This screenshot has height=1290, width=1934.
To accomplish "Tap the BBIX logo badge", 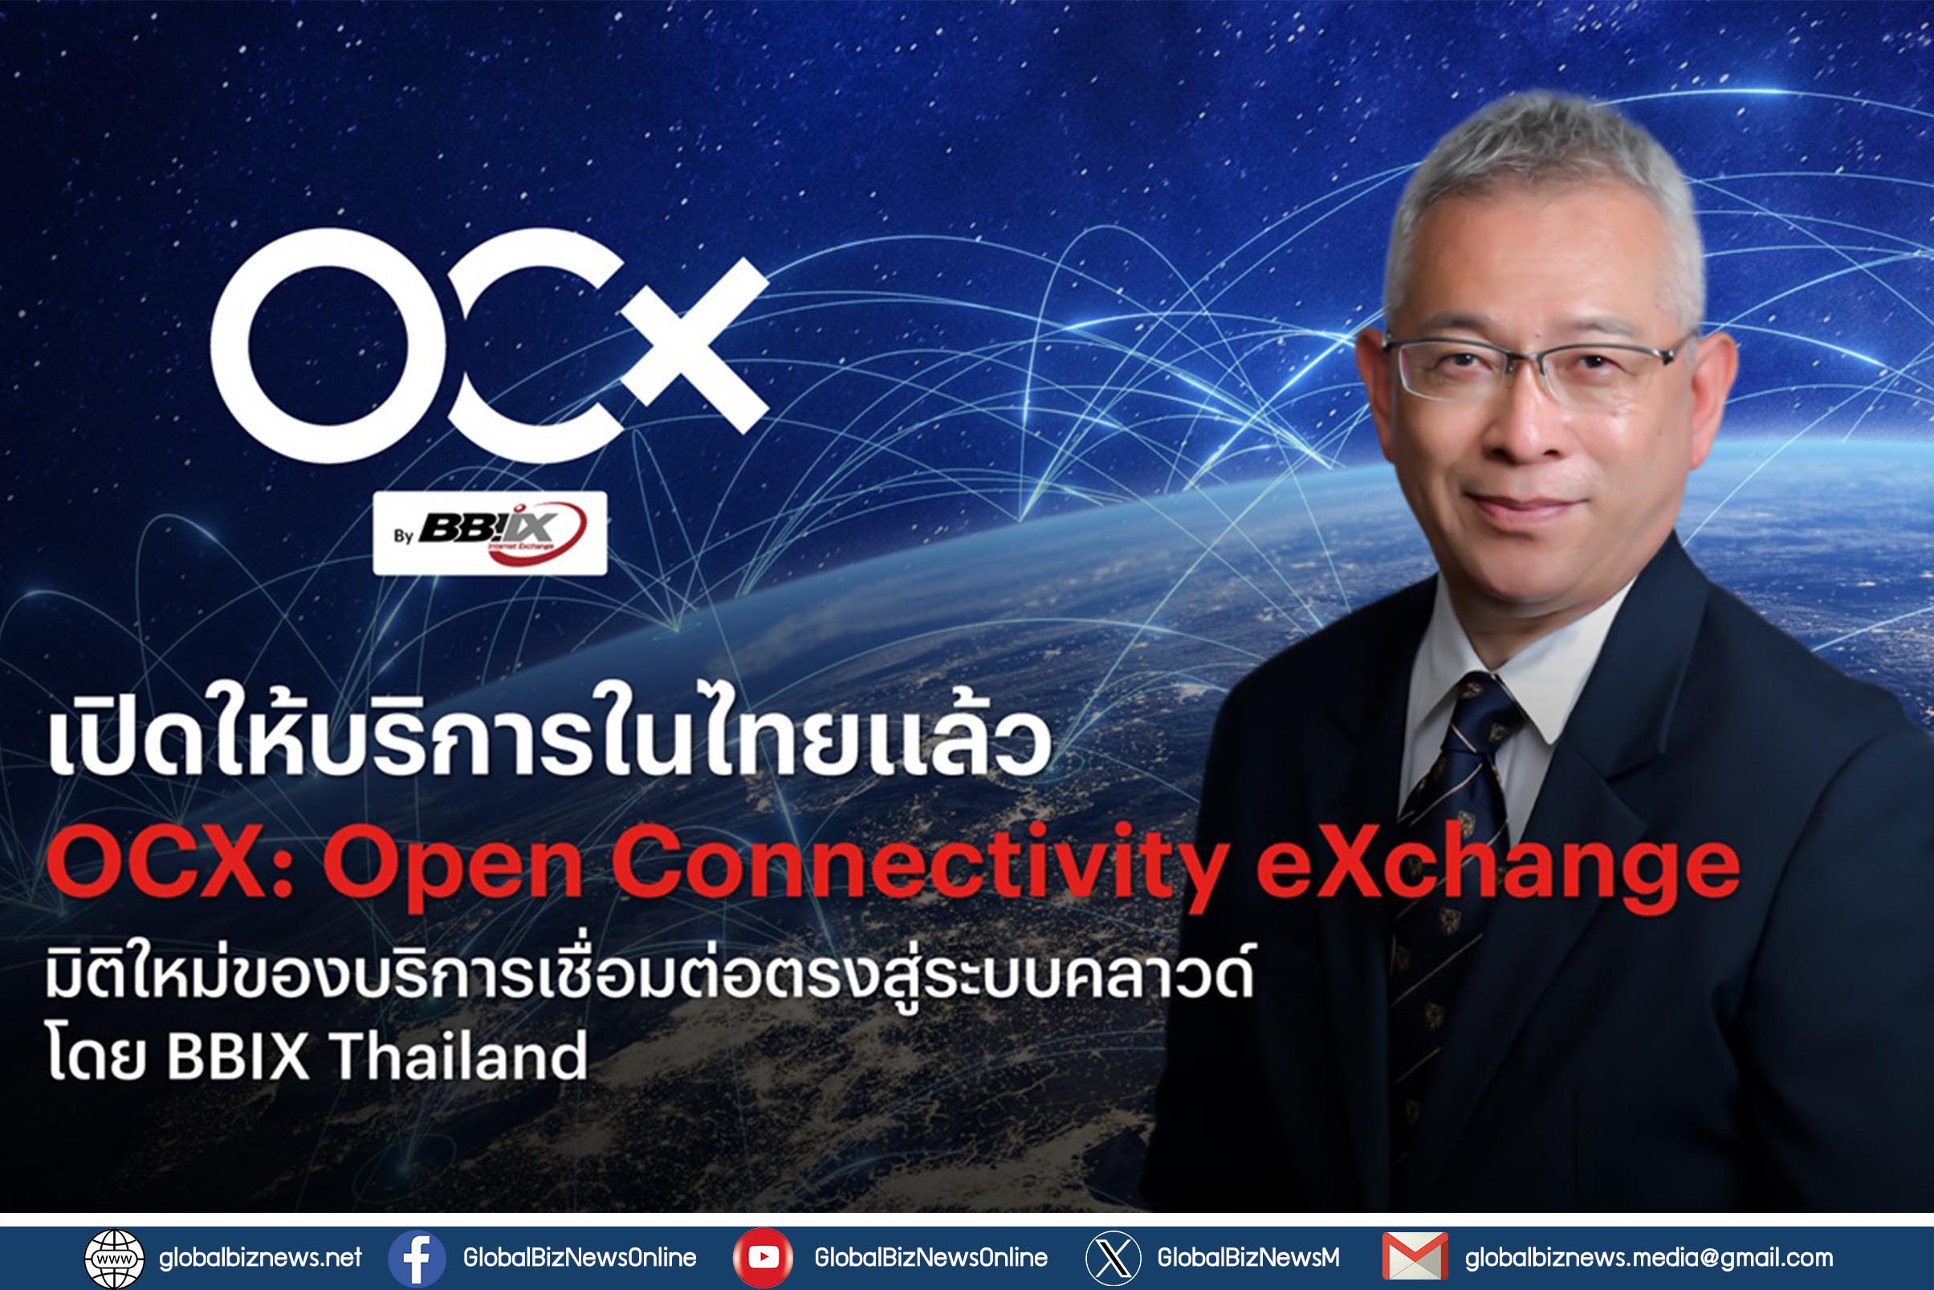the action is coord(490,533).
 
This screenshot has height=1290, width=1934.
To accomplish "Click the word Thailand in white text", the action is coord(459,1055).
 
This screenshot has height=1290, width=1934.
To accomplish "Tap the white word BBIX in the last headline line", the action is coord(238,1055).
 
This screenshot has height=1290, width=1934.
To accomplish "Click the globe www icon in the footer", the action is coord(114,1258).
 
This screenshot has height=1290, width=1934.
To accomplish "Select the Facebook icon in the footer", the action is coord(417,1258).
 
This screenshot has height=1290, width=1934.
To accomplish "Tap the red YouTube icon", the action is coord(763,1258).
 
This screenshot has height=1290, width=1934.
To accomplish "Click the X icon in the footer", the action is coord(1114,1258).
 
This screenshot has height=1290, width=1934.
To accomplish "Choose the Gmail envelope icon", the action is coord(1415,1256).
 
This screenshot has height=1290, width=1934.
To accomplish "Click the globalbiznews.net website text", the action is coord(261,1258).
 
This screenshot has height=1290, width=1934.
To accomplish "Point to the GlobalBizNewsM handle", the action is coord(1248,1258).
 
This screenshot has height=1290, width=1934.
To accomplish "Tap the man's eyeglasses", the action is coord(1534,367).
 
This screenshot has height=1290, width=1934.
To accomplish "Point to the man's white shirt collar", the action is coord(1513,683).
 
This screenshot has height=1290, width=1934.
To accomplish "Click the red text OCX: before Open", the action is coord(169,865).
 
